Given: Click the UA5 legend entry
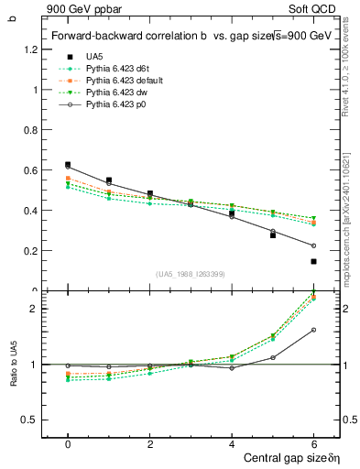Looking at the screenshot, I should (93, 56).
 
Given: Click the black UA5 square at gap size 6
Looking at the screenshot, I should (313, 261).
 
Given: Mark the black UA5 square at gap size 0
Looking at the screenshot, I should (68, 165).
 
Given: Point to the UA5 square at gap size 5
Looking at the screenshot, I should (273, 235).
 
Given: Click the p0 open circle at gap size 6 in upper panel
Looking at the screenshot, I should (313, 245).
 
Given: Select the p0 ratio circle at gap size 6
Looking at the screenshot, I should (313, 330).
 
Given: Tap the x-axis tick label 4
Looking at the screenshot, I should (232, 443).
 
